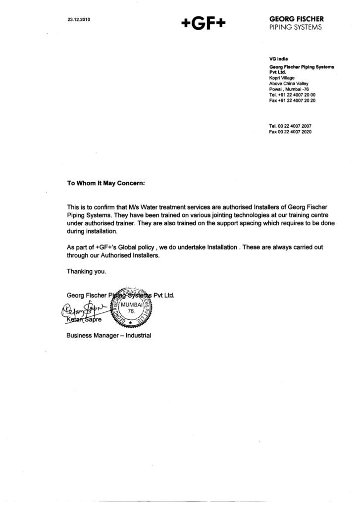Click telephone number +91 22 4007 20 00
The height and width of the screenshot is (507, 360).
click(292, 95)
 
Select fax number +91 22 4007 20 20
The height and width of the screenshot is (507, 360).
click(292, 100)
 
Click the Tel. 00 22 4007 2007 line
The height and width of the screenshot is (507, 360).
click(290, 127)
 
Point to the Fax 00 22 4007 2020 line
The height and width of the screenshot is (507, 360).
click(290, 132)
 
